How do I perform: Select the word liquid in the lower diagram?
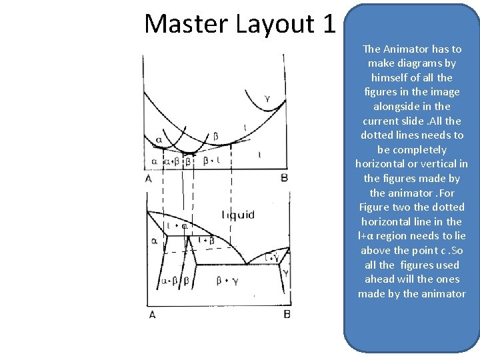[x=238, y=215]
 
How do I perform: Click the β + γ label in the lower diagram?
[x=228, y=281]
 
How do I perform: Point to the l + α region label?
[x=177, y=226]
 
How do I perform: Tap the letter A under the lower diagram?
[x=152, y=314]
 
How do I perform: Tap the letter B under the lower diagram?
[x=287, y=314]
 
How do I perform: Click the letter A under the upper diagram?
[x=148, y=178]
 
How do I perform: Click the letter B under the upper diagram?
[x=284, y=178]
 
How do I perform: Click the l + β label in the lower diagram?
[x=207, y=240]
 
